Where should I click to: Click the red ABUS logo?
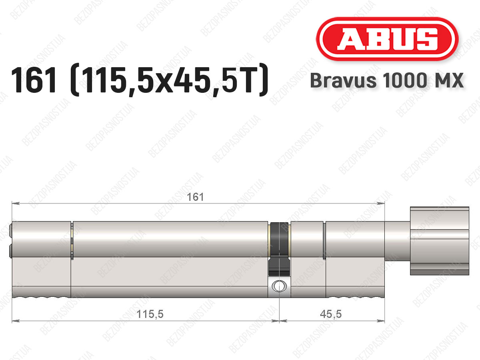click(x=387, y=39)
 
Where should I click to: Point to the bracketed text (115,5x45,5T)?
click(x=169, y=80)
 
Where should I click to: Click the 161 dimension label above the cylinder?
click(x=195, y=197)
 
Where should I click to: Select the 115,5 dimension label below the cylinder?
click(x=150, y=314)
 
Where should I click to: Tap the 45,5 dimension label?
click(x=331, y=314)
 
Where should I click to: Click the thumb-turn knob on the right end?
click(x=440, y=241)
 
